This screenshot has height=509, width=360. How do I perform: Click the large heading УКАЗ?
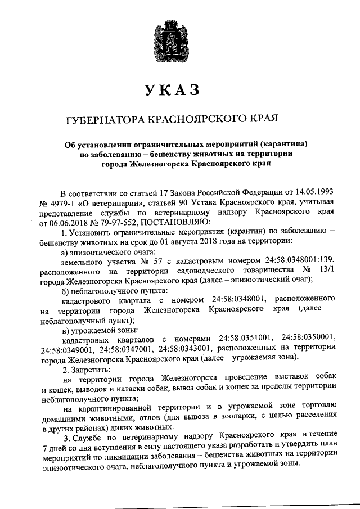(x=179, y=90)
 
